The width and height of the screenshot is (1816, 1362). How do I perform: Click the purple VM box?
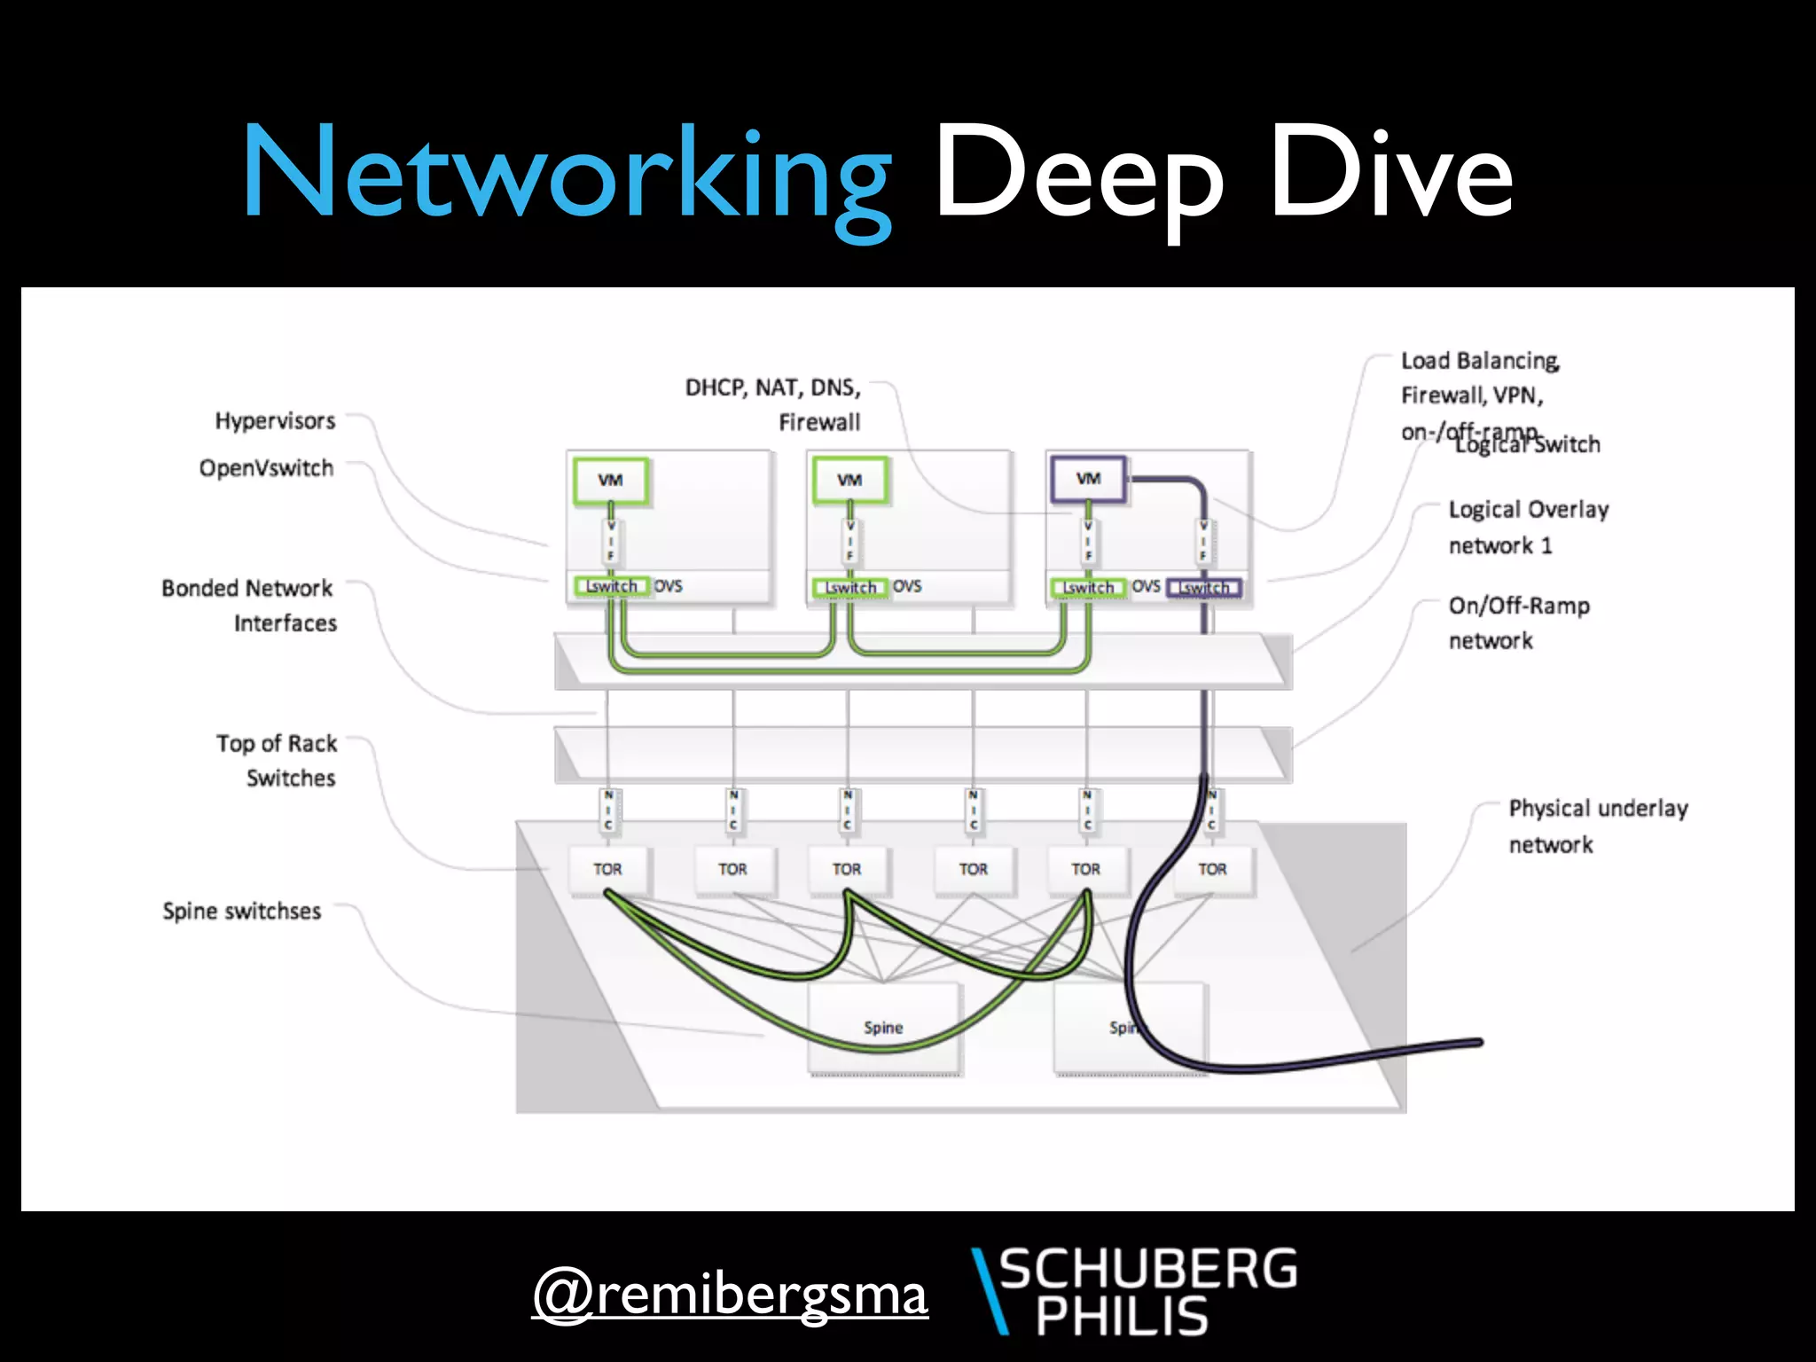(1088, 480)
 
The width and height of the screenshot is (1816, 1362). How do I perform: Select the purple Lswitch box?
(1204, 588)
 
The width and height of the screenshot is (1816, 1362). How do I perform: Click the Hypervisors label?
(275, 420)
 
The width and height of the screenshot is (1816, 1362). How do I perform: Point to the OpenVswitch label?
(266, 468)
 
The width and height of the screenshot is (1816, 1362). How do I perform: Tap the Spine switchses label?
(241, 912)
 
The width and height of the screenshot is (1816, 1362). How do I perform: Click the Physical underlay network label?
(1598, 826)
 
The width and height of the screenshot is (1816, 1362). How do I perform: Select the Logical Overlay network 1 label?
(1528, 527)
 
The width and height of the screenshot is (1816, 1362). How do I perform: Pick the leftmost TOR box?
(607, 869)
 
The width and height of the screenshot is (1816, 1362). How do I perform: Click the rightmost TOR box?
(1212, 869)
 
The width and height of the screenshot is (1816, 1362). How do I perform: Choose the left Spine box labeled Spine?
(883, 1027)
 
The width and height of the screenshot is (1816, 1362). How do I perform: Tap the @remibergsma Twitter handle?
(730, 1295)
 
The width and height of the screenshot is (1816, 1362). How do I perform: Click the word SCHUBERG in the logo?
(1148, 1269)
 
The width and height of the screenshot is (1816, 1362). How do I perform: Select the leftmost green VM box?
(610, 480)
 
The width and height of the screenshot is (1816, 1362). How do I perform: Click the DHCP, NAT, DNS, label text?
(772, 387)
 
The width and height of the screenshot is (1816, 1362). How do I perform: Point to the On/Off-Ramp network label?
(1518, 622)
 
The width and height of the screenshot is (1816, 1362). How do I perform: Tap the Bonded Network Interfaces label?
(249, 606)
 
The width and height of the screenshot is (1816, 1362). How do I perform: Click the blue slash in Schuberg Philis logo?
(990, 1290)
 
